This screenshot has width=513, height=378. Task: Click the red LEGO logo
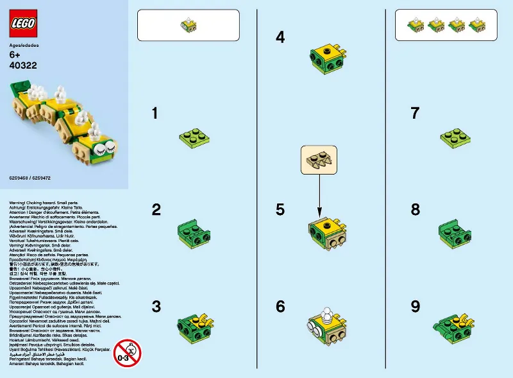tap(24, 24)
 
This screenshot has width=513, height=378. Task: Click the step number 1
tap(155, 114)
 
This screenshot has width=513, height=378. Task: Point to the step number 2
tap(156, 210)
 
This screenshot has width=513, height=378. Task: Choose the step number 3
tap(156, 306)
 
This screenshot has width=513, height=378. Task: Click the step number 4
tap(280, 37)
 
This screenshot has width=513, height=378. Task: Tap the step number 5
tap(280, 210)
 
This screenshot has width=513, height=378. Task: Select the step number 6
tap(280, 307)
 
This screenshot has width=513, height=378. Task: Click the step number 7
tap(415, 114)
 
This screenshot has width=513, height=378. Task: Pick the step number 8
tap(415, 210)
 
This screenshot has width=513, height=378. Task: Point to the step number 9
tap(415, 307)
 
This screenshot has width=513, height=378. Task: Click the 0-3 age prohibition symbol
tap(127, 352)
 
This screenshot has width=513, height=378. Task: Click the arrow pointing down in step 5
tap(319, 196)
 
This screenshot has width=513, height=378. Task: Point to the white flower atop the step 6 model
tap(326, 314)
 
